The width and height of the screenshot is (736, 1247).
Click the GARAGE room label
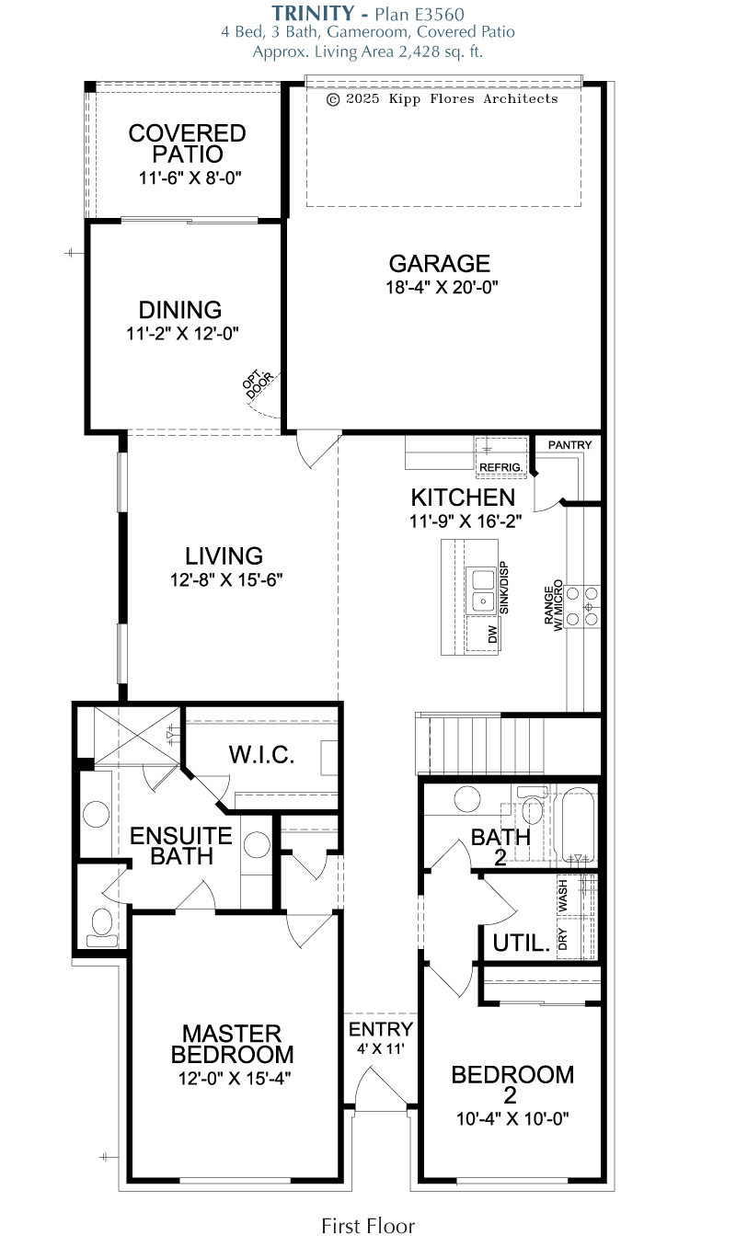(x=439, y=263)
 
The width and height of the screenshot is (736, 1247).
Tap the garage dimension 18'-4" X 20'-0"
(x=442, y=287)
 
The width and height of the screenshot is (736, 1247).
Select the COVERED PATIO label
(x=187, y=143)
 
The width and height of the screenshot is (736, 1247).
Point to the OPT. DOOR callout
(x=258, y=383)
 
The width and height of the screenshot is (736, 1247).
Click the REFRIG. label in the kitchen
(x=500, y=467)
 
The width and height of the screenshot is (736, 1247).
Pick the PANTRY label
(x=569, y=445)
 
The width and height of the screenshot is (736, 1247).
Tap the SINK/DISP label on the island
(x=504, y=588)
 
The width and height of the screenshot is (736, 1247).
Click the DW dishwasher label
(x=492, y=635)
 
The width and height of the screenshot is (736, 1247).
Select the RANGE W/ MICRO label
(x=553, y=605)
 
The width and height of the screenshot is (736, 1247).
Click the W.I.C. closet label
(x=261, y=755)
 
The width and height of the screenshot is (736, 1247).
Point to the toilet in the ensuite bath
(x=102, y=927)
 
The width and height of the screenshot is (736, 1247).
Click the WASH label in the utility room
(x=563, y=895)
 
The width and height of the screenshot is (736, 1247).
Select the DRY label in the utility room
(x=562, y=939)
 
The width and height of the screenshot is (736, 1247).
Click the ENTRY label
(x=381, y=1029)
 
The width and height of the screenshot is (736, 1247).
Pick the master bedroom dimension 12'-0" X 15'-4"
(x=235, y=1079)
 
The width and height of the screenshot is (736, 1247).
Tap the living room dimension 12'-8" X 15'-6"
(x=226, y=579)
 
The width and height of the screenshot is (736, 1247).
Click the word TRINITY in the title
(x=313, y=13)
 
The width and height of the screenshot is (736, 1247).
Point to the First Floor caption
(x=368, y=1226)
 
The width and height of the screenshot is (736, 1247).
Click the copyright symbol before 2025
(x=333, y=99)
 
